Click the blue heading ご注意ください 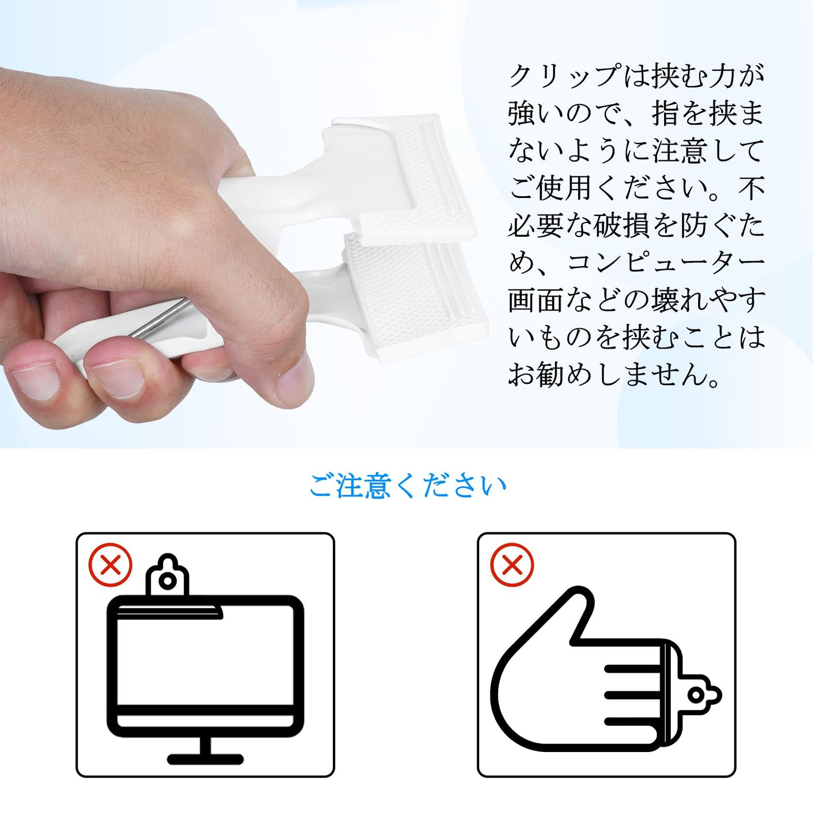click(x=408, y=486)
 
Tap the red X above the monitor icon click(x=110, y=565)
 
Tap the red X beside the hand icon click(x=512, y=565)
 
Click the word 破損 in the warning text click(x=622, y=226)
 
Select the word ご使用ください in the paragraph click(x=608, y=189)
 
